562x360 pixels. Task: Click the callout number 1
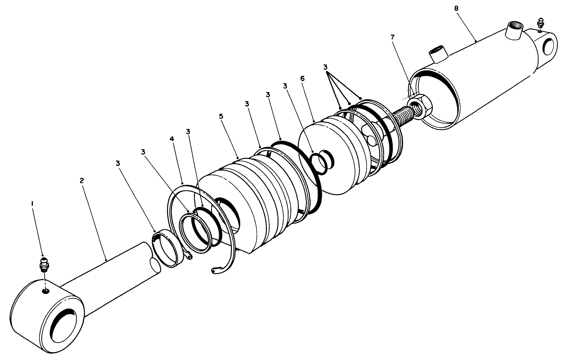point(33,203)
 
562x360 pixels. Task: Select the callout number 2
point(82,180)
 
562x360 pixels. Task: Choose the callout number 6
point(302,78)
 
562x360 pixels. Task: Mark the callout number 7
point(393,37)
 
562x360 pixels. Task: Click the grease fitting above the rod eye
point(44,265)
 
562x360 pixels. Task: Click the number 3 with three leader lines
point(325,67)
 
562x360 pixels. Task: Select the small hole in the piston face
point(370,138)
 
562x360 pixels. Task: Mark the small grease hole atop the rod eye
point(46,291)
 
